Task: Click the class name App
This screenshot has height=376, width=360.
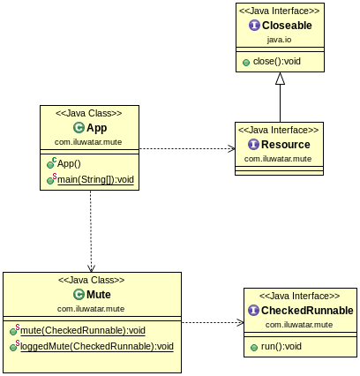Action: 97,128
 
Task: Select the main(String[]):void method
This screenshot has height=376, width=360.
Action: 94,179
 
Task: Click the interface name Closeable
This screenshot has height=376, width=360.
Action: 286,26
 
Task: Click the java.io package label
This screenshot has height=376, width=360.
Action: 280,40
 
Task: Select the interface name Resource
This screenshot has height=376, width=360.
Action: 287,145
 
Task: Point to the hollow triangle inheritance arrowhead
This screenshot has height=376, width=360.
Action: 280,79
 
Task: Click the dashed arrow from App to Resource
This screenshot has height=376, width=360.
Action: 185,149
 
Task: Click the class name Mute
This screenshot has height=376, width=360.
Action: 99,295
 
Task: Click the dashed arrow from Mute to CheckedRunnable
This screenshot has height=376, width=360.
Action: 212,322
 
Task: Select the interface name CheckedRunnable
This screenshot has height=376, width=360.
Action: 307,311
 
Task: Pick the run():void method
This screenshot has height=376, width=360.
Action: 281,346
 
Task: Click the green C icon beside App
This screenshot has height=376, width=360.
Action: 79,128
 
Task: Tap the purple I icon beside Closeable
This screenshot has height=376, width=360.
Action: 254,26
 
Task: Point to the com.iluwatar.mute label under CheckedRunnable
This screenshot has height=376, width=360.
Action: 300,325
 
